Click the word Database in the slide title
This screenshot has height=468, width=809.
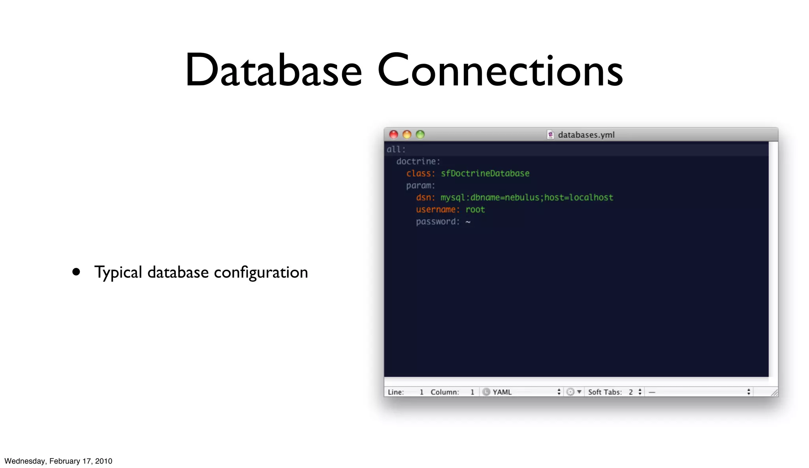tap(273, 70)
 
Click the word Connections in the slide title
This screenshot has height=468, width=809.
tap(500, 70)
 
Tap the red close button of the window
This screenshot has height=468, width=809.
tap(393, 134)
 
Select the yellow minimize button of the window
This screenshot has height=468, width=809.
tap(407, 134)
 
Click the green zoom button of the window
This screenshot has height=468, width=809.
tap(420, 134)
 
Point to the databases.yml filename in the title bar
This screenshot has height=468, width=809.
tap(586, 135)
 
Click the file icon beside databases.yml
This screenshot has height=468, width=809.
tap(550, 135)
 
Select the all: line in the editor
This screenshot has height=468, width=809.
tap(396, 149)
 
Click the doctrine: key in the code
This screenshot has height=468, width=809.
tap(418, 161)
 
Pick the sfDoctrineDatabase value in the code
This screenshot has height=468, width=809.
tap(485, 174)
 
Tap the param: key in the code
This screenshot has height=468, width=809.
tap(420, 185)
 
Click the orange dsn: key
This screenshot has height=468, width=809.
tap(425, 198)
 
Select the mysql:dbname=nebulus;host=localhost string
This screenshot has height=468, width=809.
tap(527, 198)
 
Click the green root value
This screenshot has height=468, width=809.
tap(475, 209)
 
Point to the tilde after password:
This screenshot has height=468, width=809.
tap(468, 222)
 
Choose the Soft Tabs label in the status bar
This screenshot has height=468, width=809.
tap(605, 392)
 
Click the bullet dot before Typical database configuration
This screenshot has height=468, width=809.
tap(76, 272)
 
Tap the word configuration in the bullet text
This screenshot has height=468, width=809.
tap(261, 272)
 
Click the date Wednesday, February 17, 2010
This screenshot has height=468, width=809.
tap(58, 461)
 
